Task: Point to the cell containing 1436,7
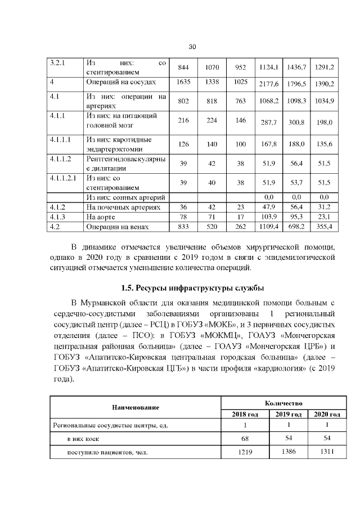click(x=296, y=67)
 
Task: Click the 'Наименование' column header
click(x=135, y=407)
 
